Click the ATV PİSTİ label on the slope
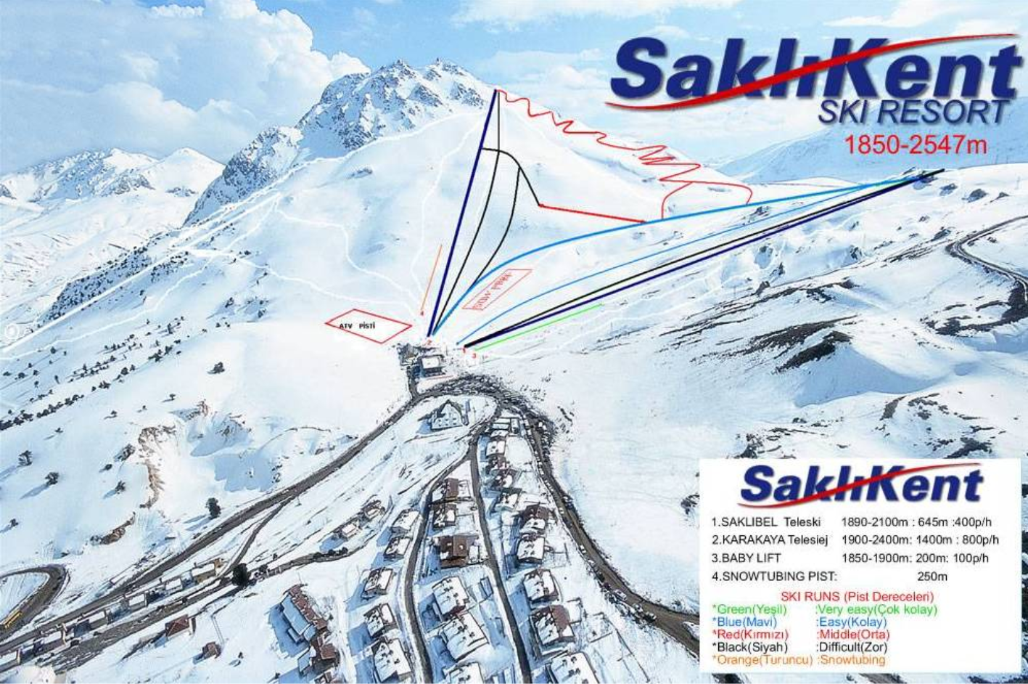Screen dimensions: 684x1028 (357, 326)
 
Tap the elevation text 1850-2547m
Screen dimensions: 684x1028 (916, 144)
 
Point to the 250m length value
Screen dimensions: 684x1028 (932, 577)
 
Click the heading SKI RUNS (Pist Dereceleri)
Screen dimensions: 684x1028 (857, 597)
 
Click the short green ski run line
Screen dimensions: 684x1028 (538, 327)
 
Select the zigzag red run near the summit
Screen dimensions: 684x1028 (617, 142)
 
